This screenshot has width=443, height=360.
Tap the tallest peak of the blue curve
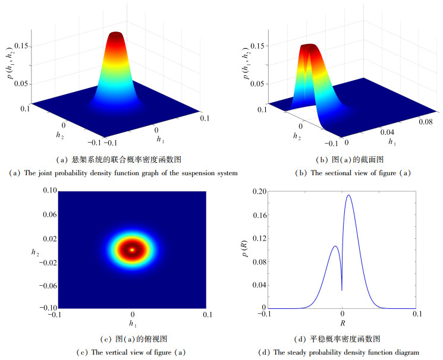coord(348,195)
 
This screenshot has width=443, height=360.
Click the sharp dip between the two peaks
coord(342,290)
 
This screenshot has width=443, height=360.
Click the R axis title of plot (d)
coord(343,324)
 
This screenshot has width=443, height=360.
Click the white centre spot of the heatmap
coord(132,250)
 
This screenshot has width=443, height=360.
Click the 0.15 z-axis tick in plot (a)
coord(32,46)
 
